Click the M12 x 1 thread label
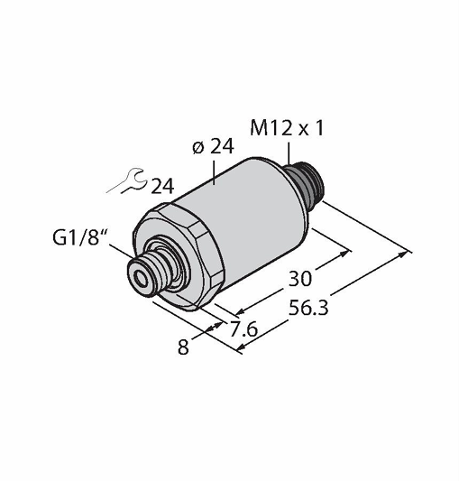click(287, 128)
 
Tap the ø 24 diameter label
click(213, 146)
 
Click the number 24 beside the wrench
click(163, 186)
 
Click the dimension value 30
click(300, 279)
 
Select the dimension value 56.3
click(308, 308)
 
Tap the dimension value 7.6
click(243, 329)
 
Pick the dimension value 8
click(183, 347)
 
